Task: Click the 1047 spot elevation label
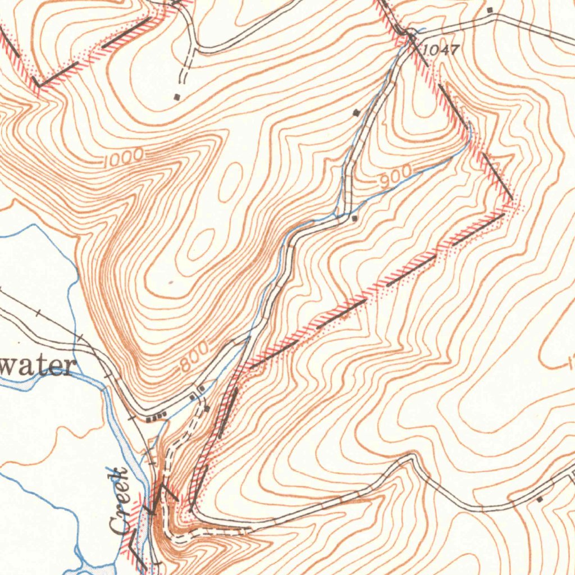click(441, 51)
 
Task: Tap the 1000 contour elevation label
click(124, 159)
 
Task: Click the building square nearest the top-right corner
click(490, 10)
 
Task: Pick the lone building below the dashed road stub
click(178, 97)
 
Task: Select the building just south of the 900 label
click(354, 218)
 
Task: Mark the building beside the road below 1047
click(356, 113)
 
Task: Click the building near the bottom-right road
click(540, 499)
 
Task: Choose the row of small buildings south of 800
click(156, 417)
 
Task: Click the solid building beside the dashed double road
click(206, 409)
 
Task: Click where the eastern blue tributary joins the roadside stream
click(337, 215)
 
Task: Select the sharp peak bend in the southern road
click(413, 458)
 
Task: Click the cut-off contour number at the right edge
click(571, 364)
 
